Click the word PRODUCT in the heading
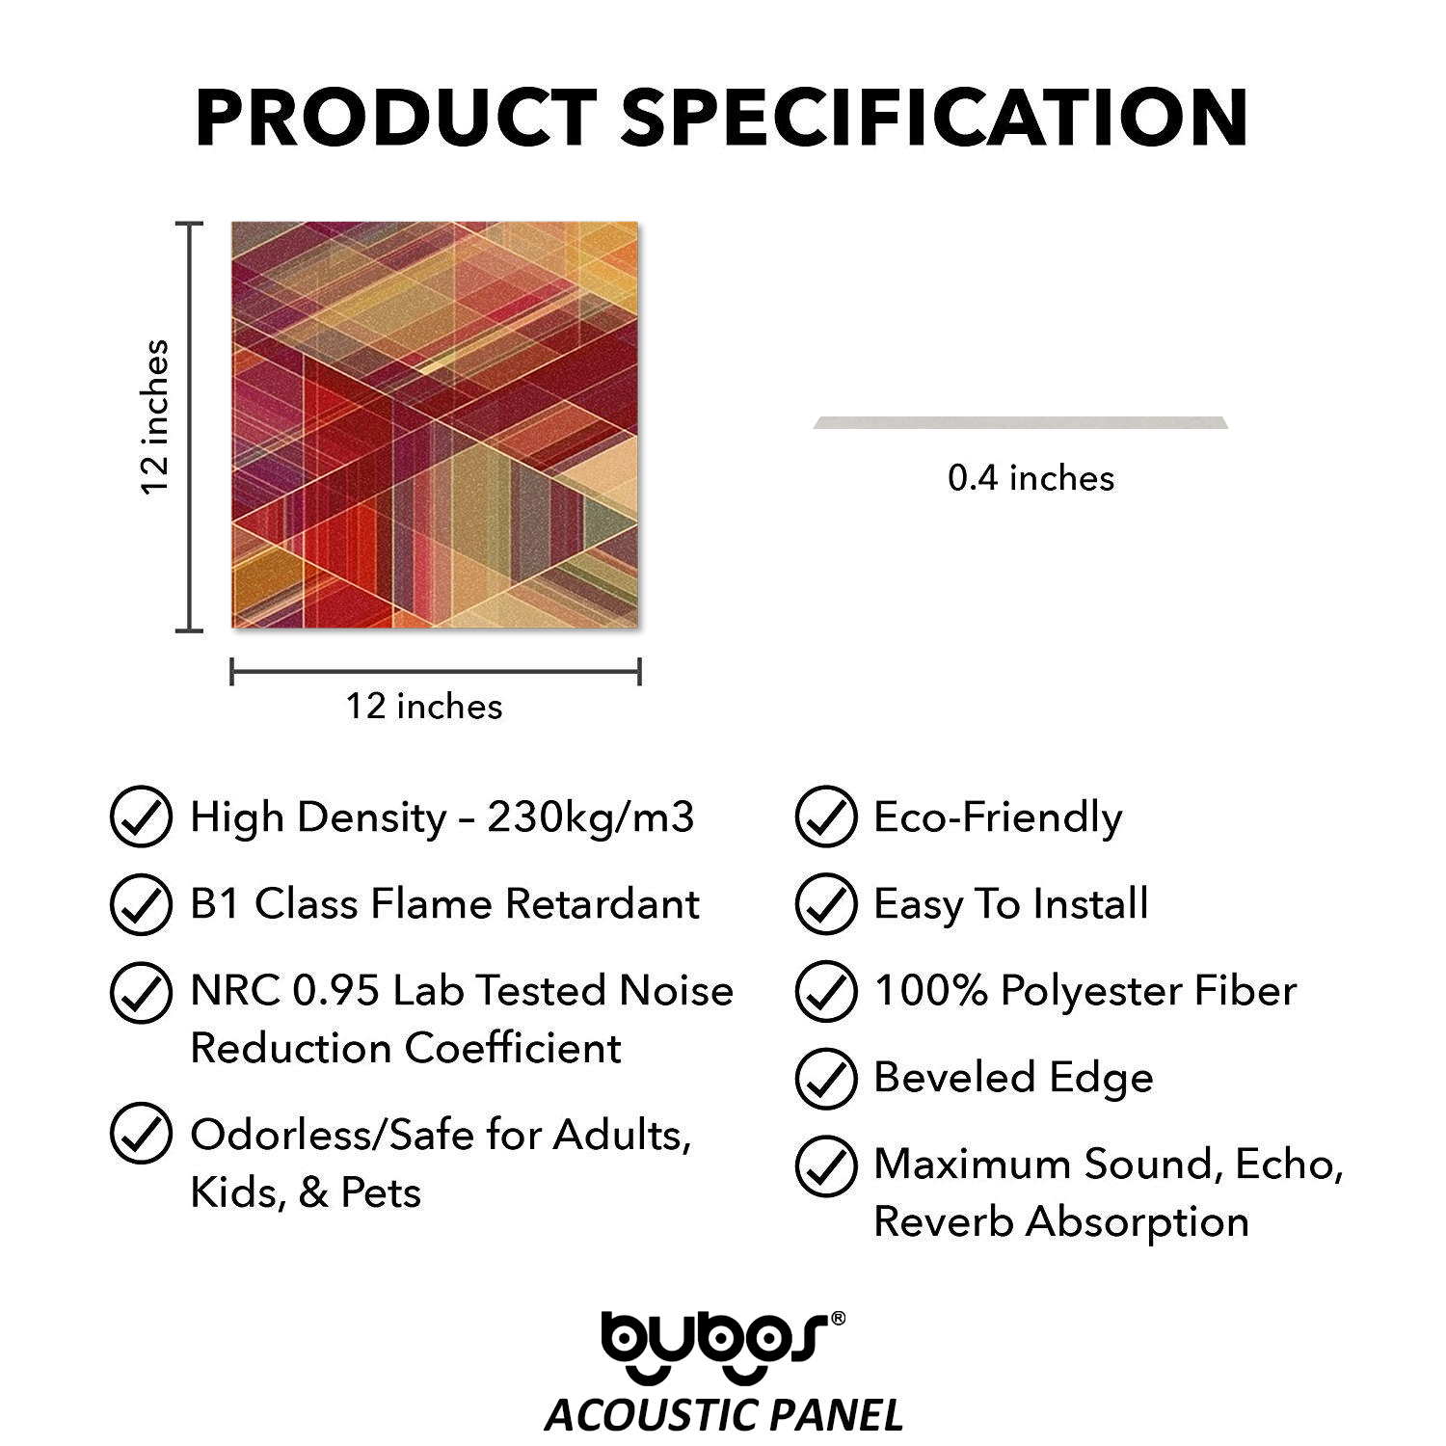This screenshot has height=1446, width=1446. (x=396, y=117)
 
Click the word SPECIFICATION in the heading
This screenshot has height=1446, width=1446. (x=935, y=117)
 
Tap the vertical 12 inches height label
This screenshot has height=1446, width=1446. (x=155, y=416)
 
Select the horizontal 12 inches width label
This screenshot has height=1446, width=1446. (x=424, y=707)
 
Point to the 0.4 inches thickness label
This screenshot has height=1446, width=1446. (x=1031, y=478)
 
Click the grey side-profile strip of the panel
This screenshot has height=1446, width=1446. (x=1021, y=422)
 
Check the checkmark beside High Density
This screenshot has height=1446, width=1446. (x=142, y=817)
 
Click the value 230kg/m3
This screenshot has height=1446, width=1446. (x=590, y=817)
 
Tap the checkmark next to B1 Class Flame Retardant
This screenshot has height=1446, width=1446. (x=142, y=903)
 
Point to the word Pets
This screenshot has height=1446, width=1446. (x=381, y=1193)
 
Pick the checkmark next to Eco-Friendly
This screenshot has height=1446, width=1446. (x=826, y=817)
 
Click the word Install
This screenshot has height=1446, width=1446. (x=1090, y=904)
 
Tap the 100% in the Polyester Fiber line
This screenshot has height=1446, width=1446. (x=930, y=991)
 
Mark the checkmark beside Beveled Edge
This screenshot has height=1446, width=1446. (x=826, y=1078)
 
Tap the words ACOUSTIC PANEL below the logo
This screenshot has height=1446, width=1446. (x=724, y=1415)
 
